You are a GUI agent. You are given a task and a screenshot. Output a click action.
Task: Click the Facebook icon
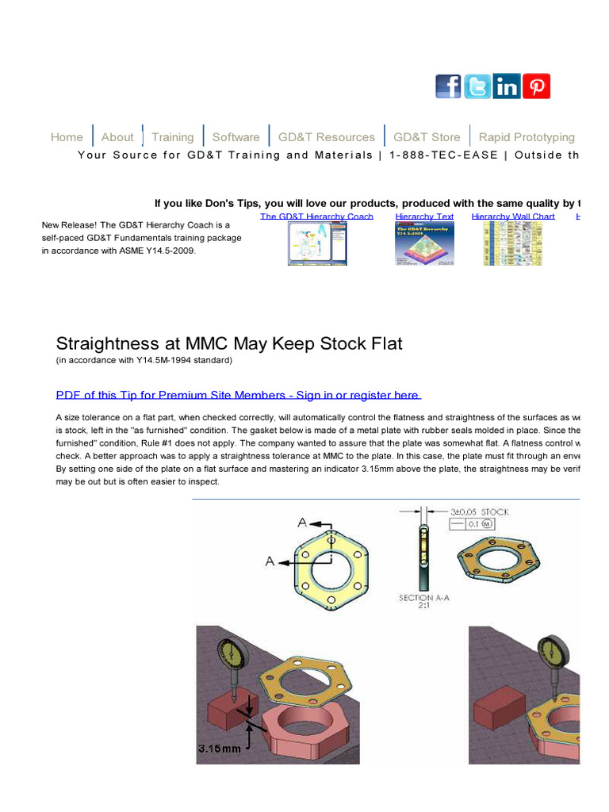448,86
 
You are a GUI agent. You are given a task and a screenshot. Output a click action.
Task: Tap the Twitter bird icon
477,86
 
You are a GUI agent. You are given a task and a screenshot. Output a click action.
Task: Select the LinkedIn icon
507,86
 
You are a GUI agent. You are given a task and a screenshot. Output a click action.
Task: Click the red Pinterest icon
537,86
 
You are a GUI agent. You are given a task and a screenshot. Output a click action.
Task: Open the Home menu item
67,137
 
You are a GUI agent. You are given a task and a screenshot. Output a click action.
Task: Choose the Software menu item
236,137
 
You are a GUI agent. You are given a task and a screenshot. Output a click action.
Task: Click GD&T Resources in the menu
326,137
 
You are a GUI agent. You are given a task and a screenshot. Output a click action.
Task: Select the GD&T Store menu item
427,137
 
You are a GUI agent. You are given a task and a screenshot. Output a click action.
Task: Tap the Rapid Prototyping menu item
527,137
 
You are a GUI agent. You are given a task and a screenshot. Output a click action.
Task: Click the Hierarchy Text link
424,216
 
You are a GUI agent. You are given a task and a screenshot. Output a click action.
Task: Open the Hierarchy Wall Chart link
513,216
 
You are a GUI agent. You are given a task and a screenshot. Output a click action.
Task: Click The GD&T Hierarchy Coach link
316,216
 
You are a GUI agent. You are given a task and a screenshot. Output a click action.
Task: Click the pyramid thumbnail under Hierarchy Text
424,243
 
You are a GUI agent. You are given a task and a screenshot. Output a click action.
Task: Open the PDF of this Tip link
238,395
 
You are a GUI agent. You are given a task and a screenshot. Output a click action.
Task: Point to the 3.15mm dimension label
219,748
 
